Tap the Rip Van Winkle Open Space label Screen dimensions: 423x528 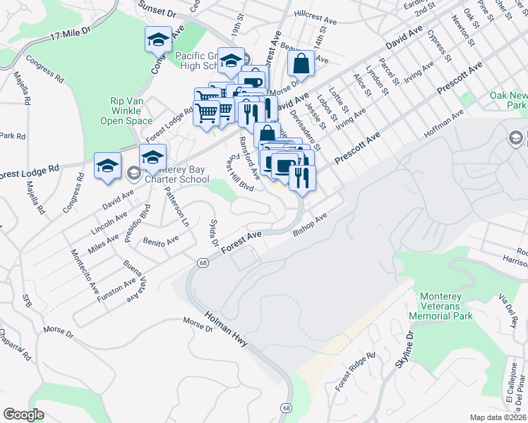[126, 111]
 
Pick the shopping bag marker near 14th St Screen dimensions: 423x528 [301, 63]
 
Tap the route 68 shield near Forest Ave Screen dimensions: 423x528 [203, 262]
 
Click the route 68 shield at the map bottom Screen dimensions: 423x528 [286, 407]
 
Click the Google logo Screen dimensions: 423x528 [23, 414]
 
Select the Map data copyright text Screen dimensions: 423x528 [497, 417]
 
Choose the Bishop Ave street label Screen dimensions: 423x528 [311, 226]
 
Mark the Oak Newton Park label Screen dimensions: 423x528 [508, 100]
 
